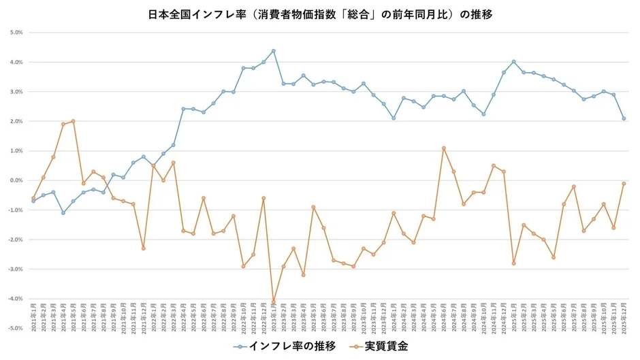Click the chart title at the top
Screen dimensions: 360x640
(x=319, y=14)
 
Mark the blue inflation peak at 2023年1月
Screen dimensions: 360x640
(x=273, y=50)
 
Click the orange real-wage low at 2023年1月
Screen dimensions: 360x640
(x=273, y=301)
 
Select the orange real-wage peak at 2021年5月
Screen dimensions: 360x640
(x=73, y=121)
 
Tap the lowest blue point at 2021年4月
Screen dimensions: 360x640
(x=63, y=213)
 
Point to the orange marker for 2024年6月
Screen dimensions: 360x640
(x=443, y=148)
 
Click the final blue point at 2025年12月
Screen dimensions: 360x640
(x=624, y=118)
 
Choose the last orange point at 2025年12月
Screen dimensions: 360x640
(x=624, y=183)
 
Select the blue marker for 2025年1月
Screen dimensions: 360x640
(x=513, y=61)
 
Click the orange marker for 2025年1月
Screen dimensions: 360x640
(x=513, y=263)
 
